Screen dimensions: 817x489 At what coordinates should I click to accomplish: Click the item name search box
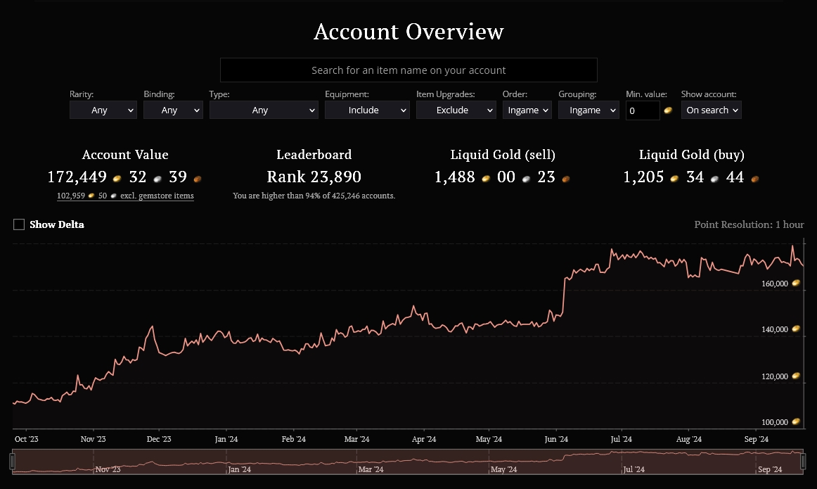[408, 70]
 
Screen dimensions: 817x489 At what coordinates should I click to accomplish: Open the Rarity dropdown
[103, 110]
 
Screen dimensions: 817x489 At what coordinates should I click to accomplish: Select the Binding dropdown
[173, 110]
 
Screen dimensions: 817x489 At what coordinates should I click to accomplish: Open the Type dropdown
[264, 110]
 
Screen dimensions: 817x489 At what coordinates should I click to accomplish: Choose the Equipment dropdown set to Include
[367, 110]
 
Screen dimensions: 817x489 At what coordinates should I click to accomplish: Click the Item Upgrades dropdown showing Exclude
[456, 110]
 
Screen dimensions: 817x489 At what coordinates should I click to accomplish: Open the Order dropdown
[527, 110]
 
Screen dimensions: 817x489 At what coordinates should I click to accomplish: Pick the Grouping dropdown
[588, 110]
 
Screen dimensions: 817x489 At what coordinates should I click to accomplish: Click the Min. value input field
[643, 110]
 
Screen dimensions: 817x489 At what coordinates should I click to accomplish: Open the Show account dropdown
[712, 110]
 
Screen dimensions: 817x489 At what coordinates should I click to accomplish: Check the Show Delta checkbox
[19, 224]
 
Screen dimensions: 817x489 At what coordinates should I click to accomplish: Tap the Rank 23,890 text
[314, 177]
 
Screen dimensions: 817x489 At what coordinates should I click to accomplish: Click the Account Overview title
[408, 31]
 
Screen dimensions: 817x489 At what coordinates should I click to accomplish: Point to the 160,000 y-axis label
[774, 284]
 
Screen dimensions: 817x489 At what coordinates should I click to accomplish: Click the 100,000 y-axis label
[774, 422]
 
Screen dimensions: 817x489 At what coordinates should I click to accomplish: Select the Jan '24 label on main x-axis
[226, 439]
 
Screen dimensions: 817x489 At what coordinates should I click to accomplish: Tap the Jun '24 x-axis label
[556, 439]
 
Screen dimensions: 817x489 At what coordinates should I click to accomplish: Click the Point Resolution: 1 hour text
[749, 224]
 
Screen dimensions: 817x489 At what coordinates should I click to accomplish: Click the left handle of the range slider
[13, 462]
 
